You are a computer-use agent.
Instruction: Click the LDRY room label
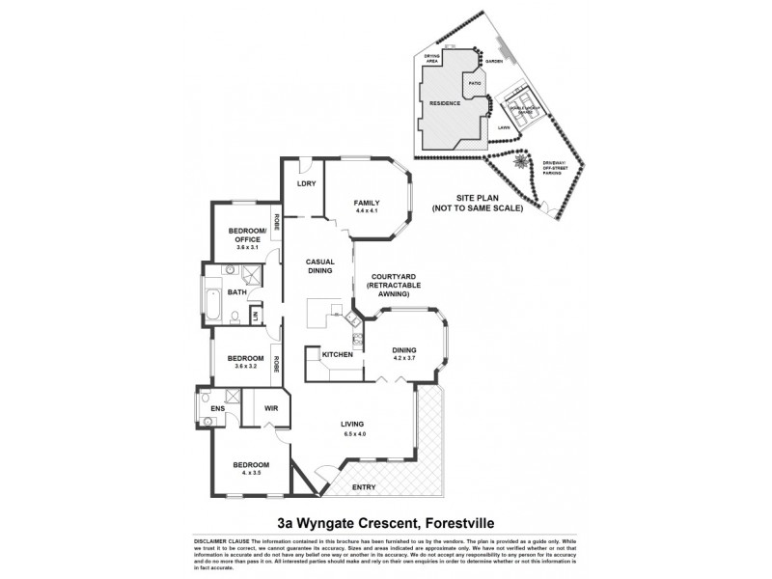click(307, 183)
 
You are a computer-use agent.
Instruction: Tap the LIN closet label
click(255, 316)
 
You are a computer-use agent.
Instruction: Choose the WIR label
click(271, 407)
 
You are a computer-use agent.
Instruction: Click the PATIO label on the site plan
click(475, 84)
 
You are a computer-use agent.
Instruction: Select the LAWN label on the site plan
click(503, 126)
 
